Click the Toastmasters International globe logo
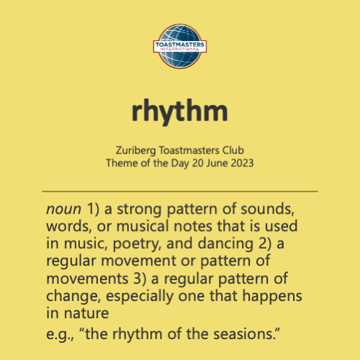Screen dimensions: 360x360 tap(180, 46)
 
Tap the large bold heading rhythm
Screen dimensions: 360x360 tap(180, 112)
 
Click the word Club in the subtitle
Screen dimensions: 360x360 tap(233, 150)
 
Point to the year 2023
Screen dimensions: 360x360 tap(242, 163)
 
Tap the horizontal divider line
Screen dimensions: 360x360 tap(180, 192)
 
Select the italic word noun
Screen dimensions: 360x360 tap(63, 209)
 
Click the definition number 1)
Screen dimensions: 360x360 tap(93, 208)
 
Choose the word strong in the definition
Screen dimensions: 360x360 tap(139, 210)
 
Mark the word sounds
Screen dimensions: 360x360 tap(267, 209)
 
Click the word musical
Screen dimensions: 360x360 tap(143, 226)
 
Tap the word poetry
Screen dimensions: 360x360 tap(137, 244)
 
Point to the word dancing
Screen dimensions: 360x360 tap(225, 244)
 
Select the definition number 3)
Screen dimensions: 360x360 tap(140, 279)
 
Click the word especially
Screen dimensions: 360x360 tap(140, 297)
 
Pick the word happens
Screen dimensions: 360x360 tap(272, 297)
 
